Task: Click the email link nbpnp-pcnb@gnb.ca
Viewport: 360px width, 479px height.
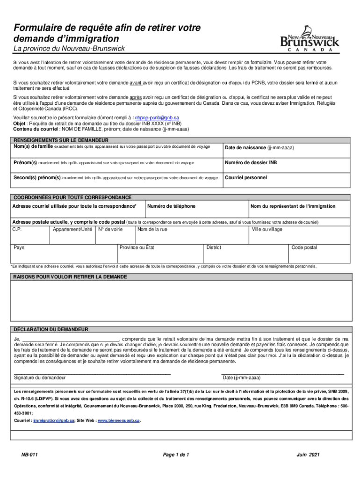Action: [x=157, y=118]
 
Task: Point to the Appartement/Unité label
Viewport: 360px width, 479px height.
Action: [x=72, y=230]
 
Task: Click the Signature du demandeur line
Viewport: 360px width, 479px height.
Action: [x=92, y=373]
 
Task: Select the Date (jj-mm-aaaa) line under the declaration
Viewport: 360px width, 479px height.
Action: [x=282, y=373]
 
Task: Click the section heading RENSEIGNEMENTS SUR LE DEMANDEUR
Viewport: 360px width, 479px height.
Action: [x=60, y=140]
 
